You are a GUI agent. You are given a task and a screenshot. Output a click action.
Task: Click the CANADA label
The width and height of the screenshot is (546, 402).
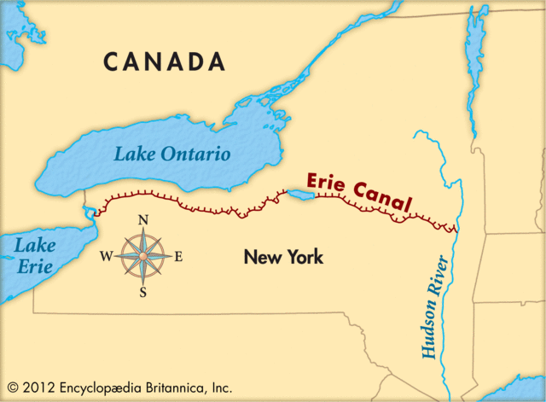click(165, 62)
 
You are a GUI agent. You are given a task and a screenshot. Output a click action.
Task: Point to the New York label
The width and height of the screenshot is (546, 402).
click(283, 256)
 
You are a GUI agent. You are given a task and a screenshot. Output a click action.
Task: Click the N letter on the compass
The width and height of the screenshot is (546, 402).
click(143, 220)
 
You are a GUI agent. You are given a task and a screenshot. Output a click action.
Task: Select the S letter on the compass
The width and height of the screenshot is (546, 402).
click(143, 292)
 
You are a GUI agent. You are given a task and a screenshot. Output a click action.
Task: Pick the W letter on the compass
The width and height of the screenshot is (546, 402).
click(106, 256)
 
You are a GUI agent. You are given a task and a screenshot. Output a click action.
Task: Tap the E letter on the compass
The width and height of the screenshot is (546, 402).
click(178, 256)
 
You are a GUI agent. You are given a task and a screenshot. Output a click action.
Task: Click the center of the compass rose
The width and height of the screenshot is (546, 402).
click(143, 256)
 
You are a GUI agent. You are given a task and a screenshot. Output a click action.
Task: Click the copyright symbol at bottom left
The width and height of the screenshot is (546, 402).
click(12, 387)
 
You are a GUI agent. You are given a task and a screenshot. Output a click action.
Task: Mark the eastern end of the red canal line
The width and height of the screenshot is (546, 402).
click(456, 229)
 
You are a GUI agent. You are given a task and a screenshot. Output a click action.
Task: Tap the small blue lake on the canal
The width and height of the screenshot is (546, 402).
click(302, 196)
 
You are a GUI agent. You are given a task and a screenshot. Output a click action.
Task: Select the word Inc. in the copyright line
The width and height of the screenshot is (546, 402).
click(219, 387)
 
